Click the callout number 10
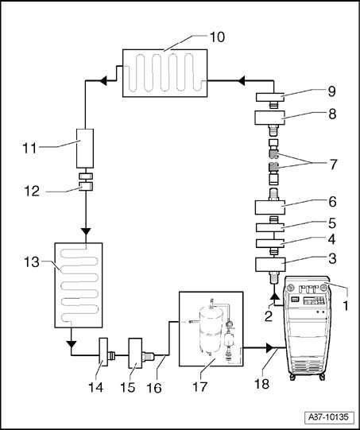coord(217,37)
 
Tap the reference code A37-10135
coord(328,417)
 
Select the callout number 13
coord(32,262)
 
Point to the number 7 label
coord(333,165)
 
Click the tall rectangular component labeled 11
coord(85,148)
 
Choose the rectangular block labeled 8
coord(269,118)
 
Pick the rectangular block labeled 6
coord(270,207)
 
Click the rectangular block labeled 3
coord(270,265)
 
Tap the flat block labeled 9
coord(269,97)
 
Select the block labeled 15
coord(135,353)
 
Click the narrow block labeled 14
coord(103,352)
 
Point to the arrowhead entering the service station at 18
coord(269,348)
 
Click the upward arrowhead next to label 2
coord(274,296)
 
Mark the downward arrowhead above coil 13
coord(86,231)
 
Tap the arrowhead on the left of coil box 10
coord(103,81)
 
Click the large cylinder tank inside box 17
coord(211,330)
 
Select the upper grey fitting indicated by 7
coord(273,154)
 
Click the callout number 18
coord(261,384)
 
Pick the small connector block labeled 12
coord(86,187)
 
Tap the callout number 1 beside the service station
coord(346,305)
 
